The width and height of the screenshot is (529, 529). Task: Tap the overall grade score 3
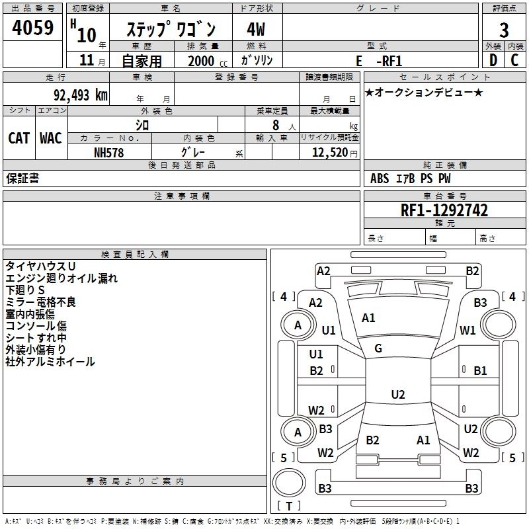[x=504, y=30]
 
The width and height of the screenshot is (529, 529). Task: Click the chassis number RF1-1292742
[x=444, y=210]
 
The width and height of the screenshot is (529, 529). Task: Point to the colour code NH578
[x=109, y=152]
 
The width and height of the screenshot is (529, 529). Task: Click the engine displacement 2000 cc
[x=202, y=61]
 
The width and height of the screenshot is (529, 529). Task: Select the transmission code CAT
[x=19, y=138]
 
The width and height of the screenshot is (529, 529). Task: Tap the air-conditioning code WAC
[x=51, y=138]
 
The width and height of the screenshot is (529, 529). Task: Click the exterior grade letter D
[x=493, y=60]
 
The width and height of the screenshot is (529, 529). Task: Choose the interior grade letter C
[x=514, y=60]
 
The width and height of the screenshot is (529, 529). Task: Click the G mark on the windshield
[x=378, y=348]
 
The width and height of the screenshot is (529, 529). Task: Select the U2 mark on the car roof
[x=397, y=395]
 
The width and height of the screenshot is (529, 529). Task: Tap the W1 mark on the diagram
[x=468, y=330]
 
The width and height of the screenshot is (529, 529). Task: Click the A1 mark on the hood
[x=368, y=318]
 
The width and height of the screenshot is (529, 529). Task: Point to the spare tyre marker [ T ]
[x=289, y=507]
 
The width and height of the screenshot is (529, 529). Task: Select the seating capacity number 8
[x=274, y=125]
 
